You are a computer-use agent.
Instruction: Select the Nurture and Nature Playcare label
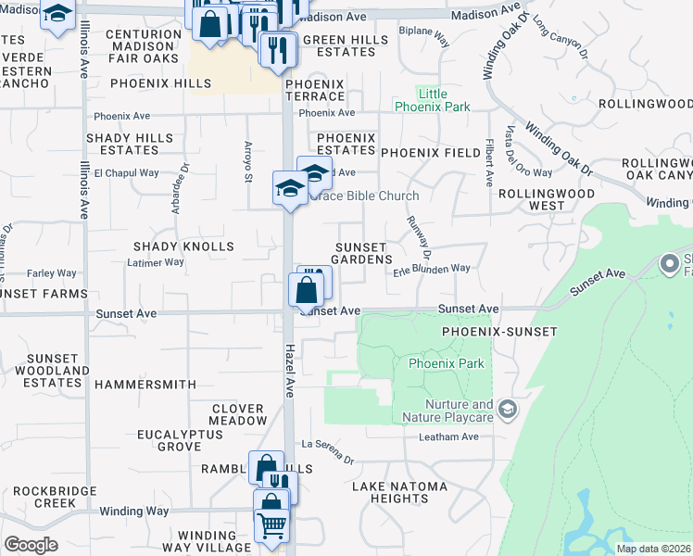pos(459,411)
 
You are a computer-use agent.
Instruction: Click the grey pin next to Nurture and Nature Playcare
pos(507,408)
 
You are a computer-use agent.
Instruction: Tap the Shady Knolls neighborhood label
pos(183,246)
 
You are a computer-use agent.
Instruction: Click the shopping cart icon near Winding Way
pos(271,524)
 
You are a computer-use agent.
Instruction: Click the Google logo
pos(30,545)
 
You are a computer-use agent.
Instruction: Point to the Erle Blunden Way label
pos(432,269)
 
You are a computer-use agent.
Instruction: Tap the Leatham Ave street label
pos(448,436)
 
